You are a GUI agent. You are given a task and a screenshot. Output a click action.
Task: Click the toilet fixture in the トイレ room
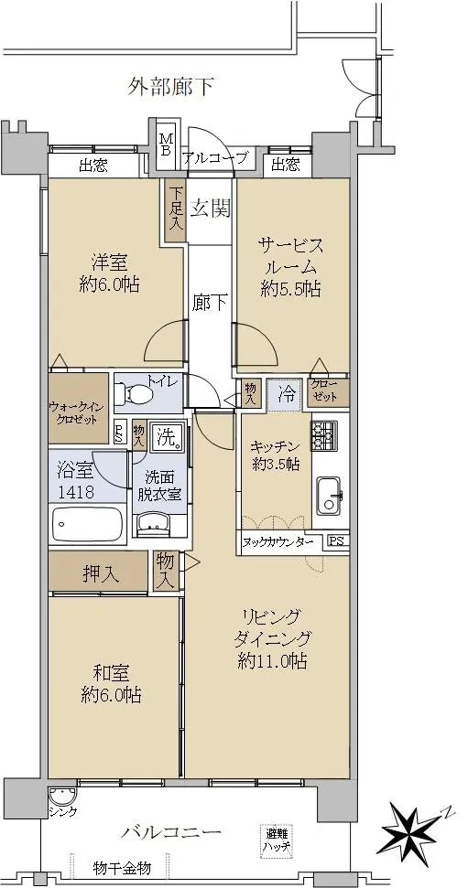[134, 392]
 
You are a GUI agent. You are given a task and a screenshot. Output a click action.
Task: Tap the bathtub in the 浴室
[87, 524]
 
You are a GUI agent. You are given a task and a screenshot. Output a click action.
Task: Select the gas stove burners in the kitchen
[324, 435]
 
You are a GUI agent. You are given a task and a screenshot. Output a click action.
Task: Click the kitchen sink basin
[330, 496]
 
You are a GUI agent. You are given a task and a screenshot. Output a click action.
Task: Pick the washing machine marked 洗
[168, 437]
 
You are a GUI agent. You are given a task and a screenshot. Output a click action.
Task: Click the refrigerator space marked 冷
[287, 393]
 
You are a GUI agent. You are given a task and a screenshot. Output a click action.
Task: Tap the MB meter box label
[167, 144]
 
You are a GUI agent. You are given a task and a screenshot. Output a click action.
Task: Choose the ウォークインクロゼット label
[78, 412]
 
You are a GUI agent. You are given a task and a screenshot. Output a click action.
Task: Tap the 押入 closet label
[102, 575]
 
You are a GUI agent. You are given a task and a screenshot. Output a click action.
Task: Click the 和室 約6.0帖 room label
[111, 683]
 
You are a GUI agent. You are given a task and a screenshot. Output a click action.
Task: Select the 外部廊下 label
[170, 87]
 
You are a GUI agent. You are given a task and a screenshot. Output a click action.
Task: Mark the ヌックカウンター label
[278, 542]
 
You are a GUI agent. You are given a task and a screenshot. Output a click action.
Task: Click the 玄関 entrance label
[210, 209]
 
